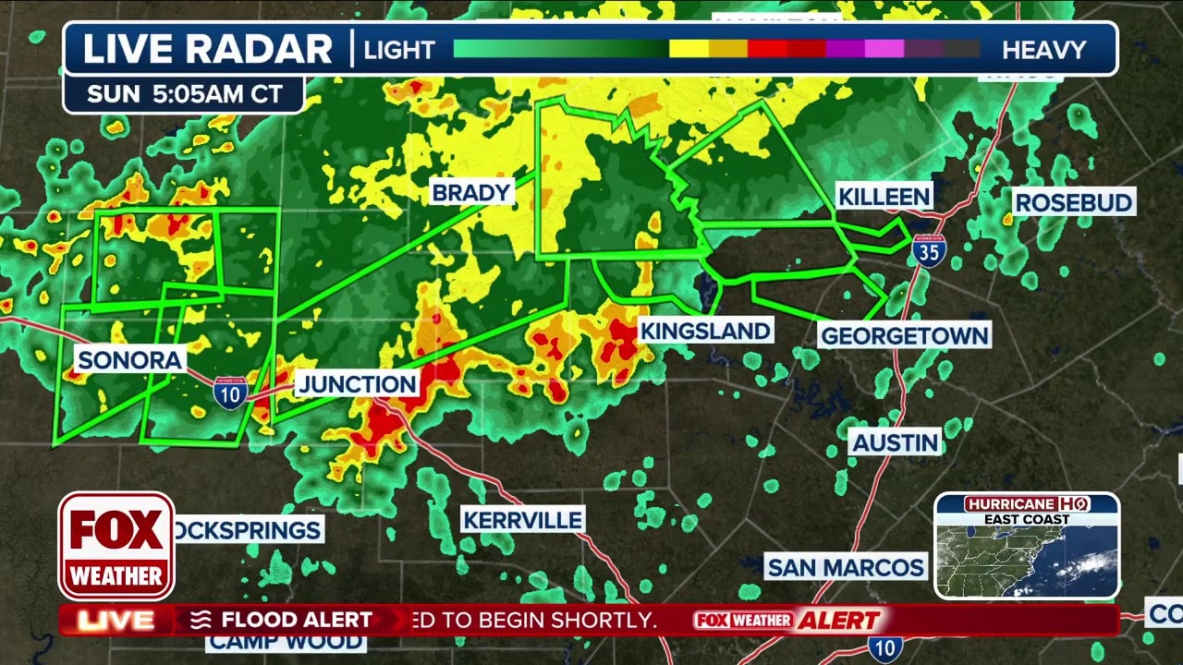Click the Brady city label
tap(471, 192)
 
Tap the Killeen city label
tap(884, 196)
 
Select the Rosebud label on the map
tap(1073, 202)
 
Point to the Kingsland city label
tap(705, 331)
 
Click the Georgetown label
tap(904, 335)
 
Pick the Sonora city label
tap(129, 360)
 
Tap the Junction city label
tap(357, 384)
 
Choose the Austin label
tap(895, 442)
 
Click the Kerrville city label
tap(522, 520)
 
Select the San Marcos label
tap(846, 566)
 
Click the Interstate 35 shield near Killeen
tap(928, 250)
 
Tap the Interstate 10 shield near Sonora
tap(229, 393)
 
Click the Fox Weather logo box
tap(116, 546)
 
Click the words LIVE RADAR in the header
tap(208, 49)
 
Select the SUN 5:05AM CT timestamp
tap(183, 94)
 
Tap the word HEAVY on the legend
tap(1043, 50)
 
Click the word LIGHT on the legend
tap(399, 50)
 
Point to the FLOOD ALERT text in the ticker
tap(296, 620)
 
